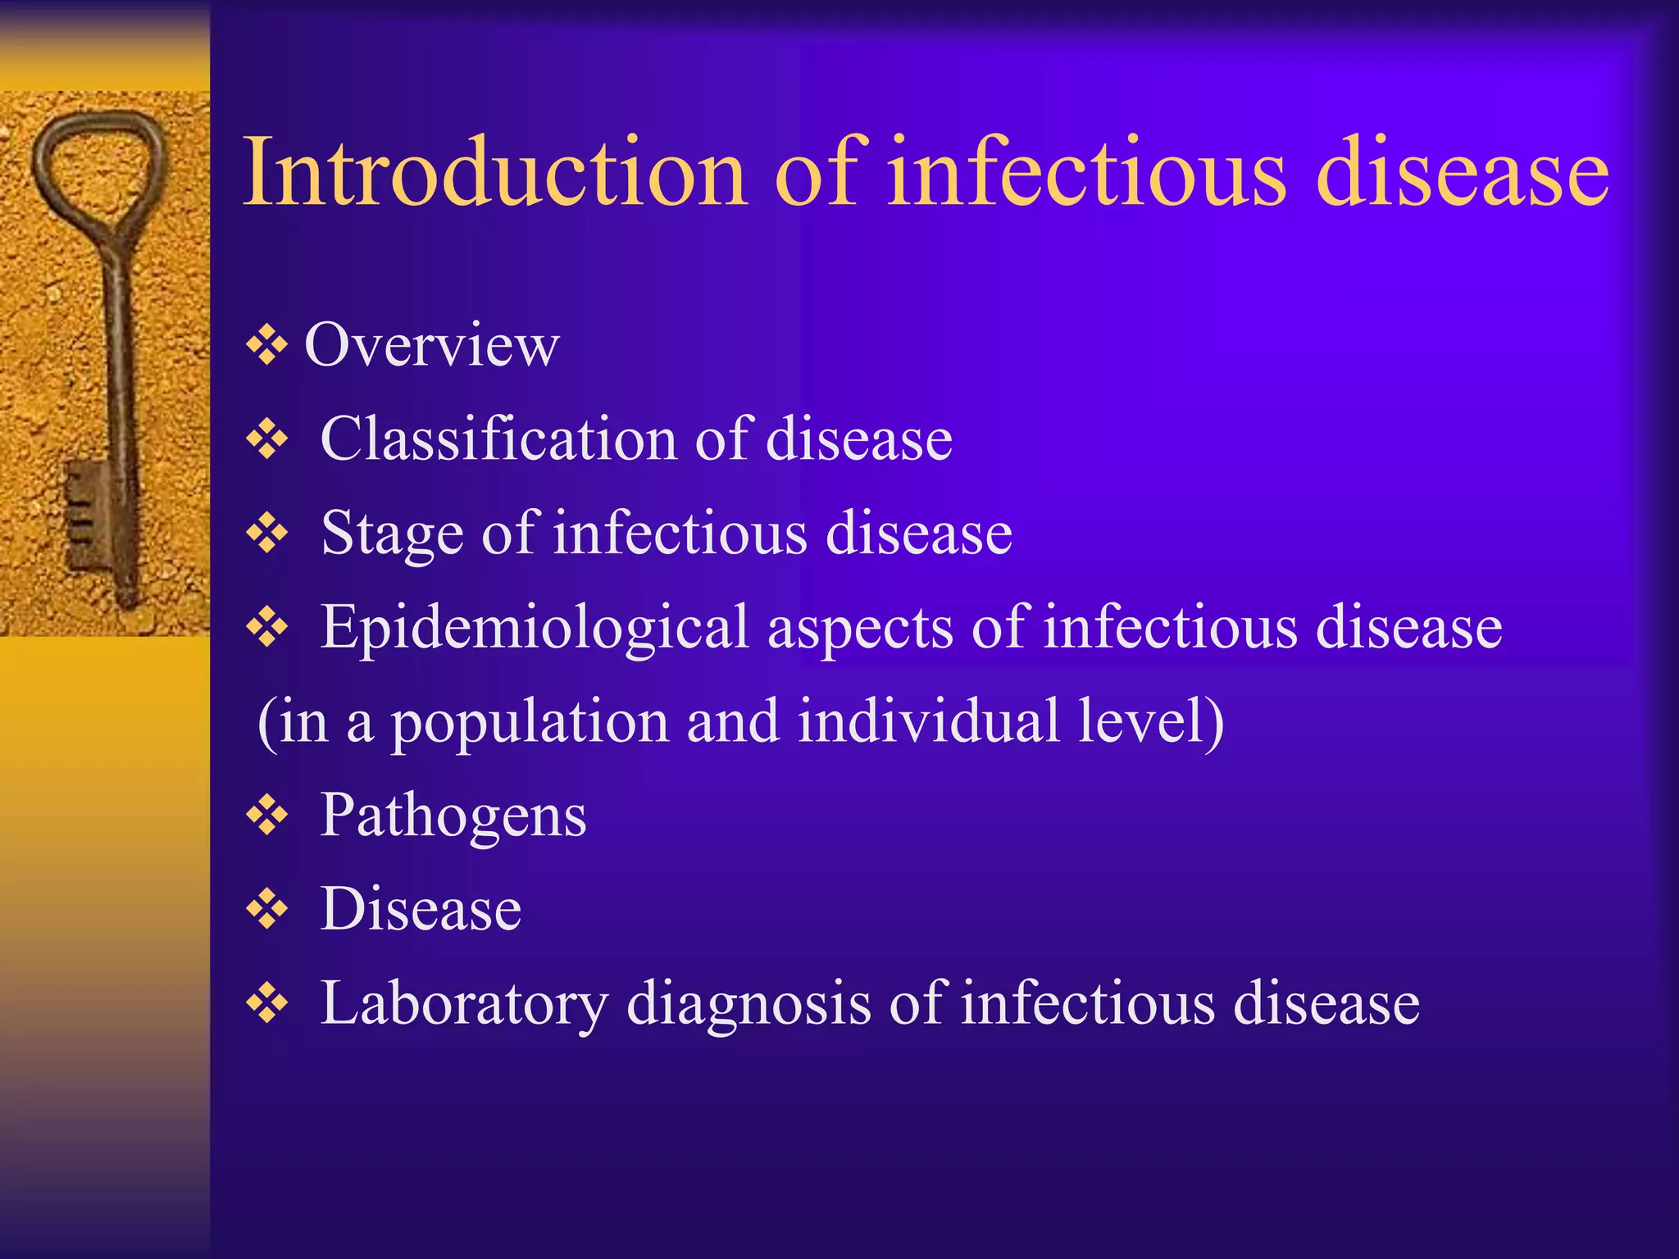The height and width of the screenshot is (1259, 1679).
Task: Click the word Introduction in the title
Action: pyautogui.click(x=495, y=172)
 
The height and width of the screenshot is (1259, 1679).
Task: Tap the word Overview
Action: pyautogui.click(x=432, y=345)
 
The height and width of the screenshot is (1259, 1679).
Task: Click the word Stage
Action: pyautogui.click(x=392, y=534)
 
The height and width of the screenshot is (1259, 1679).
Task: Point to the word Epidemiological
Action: pyautogui.click(x=534, y=627)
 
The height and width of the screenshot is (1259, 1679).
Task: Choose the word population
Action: pyautogui.click(x=529, y=723)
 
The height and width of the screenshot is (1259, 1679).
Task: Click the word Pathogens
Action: pyautogui.click(x=453, y=816)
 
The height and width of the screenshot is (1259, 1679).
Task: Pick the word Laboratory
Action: pyautogui.click(x=463, y=1003)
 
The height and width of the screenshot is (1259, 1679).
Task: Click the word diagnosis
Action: pyautogui.click(x=748, y=1005)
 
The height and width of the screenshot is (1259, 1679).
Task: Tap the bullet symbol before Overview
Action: pyautogui.click(x=267, y=347)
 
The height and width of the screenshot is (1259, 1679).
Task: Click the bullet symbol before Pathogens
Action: pyautogui.click(x=267, y=816)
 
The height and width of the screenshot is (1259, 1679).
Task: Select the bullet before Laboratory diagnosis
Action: pyautogui.click(x=267, y=1004)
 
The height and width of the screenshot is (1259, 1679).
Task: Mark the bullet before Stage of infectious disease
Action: pyautogui.click(x=267, y=534)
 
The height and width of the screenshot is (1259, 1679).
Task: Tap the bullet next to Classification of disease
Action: pyautogui.click(x=267, y=440)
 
